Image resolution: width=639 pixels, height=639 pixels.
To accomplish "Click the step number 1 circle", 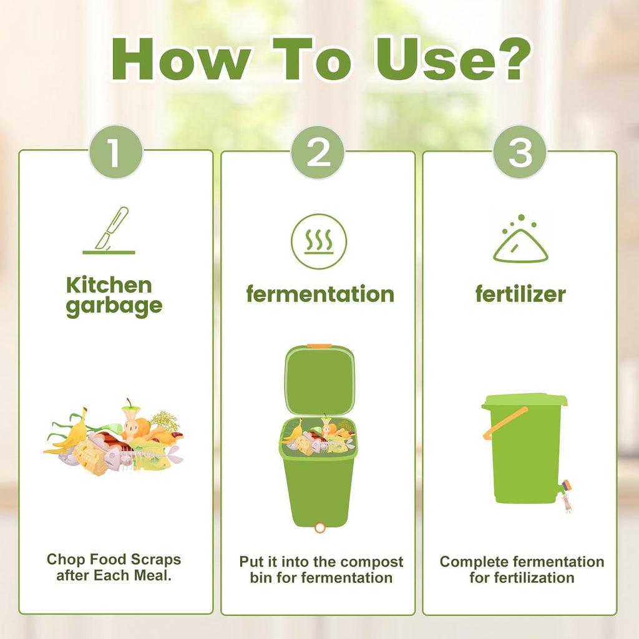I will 115,152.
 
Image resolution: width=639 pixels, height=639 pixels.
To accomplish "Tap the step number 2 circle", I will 318,152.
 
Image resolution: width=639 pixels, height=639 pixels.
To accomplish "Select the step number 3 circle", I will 520,152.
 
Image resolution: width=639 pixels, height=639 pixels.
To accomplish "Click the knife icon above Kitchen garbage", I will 110,231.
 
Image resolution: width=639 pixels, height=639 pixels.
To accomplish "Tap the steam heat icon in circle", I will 319,241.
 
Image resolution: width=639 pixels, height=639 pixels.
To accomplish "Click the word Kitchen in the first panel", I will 109,286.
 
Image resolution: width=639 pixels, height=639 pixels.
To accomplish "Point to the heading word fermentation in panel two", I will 319,294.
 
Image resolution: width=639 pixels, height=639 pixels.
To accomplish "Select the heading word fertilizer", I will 520,294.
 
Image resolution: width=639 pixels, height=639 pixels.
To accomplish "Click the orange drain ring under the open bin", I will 320,527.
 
